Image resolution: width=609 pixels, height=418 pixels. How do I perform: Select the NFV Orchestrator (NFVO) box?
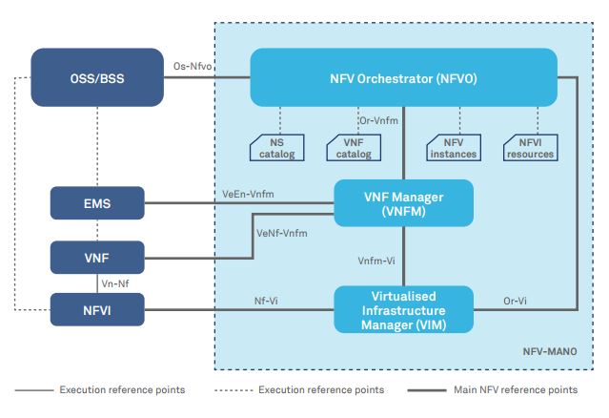coord(403,76)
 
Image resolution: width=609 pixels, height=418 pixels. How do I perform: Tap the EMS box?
coord(97,202)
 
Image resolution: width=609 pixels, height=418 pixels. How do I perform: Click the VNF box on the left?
coord(97,257)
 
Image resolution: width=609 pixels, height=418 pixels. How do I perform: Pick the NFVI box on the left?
coord(97,308)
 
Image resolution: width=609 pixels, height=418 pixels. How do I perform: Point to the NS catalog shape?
coord(278,147)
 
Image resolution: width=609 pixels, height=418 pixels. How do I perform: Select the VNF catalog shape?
coord(355,147)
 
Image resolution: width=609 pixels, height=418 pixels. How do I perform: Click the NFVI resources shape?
coord(530,147)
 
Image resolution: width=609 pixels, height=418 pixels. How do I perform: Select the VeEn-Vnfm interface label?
coord(247,195)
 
